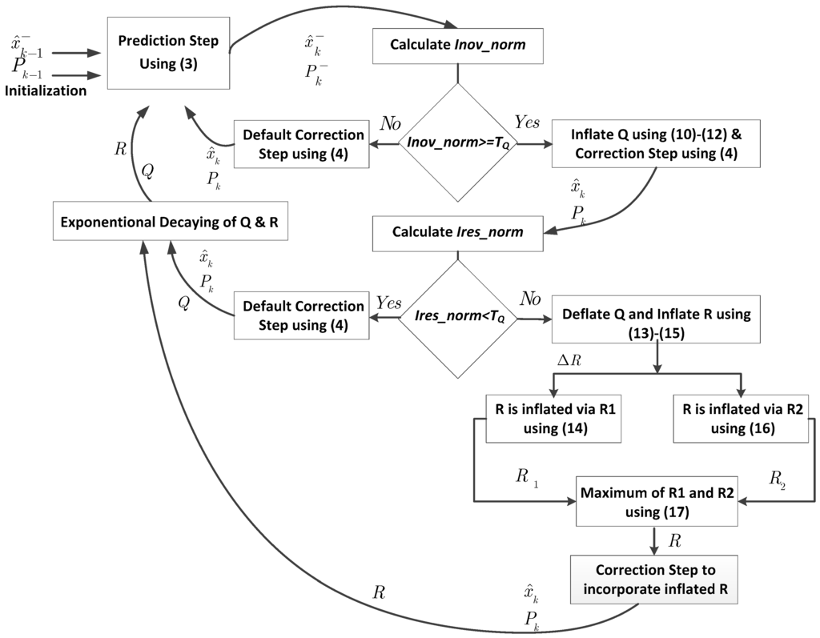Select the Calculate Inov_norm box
pos(457,45)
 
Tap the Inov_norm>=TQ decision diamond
pos(457,145)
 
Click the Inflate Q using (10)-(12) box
pos(655,144)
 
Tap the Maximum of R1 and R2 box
pos(657,501)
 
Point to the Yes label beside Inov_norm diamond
pos(526,122)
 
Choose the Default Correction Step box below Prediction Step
pos(301,144)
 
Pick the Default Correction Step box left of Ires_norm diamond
pos(301,315)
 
